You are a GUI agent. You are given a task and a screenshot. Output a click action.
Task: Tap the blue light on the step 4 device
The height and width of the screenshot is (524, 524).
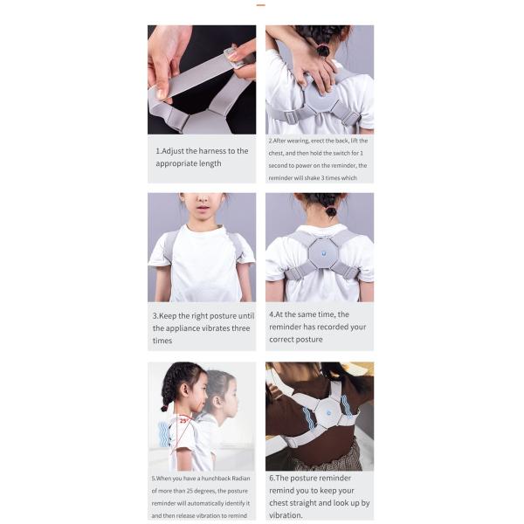point(320,253)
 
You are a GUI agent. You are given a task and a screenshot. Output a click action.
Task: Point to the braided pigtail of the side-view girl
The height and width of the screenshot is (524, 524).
point(166,393)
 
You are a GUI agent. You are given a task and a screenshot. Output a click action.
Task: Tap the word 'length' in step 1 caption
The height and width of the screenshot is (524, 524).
point(208,163)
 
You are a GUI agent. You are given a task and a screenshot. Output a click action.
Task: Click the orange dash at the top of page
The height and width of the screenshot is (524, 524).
point(260,5)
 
